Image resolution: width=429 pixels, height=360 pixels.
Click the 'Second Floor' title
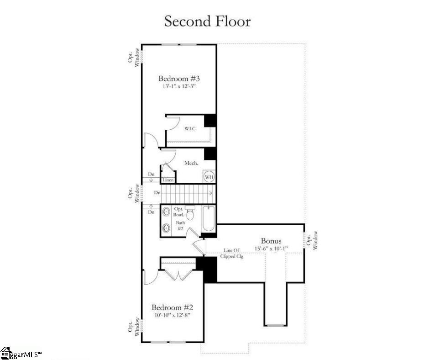click(x=207, y=21)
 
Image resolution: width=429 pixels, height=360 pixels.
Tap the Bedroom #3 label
click(x=179, y=79)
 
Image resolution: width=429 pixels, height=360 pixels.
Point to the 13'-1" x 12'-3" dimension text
click(x=179, y=86)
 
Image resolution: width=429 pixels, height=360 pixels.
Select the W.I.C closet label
click(x=190, y=128)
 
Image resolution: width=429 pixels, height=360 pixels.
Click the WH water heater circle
click(x=209, y=177)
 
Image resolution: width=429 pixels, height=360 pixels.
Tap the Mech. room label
click(x=191, y=163)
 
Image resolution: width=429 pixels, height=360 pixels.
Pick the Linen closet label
click(x=168, y=180)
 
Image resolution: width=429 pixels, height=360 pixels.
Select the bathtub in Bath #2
click(x=209, y=219)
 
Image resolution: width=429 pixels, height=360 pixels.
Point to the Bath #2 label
click(x=180, y=226)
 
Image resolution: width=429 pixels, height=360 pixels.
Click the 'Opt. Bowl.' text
click(x=178, y=212)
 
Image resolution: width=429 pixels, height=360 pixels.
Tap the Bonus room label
click(x=271, y=241)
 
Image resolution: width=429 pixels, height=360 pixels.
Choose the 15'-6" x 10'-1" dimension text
click(x=271, y=249)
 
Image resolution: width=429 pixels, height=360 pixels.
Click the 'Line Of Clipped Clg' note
click(x=231, y=253)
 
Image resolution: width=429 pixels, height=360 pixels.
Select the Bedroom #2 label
click(x=173, y=307)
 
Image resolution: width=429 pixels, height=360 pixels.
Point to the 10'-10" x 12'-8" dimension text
click(x=173, y=315)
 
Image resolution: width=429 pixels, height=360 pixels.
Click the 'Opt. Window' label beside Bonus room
click(x=312, y=240)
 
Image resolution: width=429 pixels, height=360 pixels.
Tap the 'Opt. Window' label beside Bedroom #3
click(x=134, y=57)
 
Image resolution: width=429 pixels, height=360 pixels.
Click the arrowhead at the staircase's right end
click(x=211, y=193)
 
